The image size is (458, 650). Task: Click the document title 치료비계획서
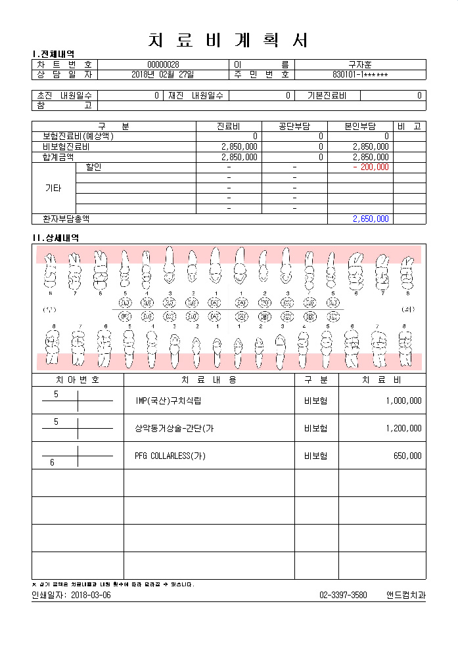coord(229,39)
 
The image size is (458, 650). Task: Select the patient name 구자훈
coord(360,64)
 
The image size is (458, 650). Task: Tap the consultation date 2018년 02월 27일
coord(163,74)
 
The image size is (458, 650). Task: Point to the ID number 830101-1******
coord(360,74)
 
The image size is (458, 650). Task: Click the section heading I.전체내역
coord(53,54)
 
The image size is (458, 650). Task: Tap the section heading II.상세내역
coord(56,237)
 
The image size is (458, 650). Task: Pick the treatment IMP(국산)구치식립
coord(167,401)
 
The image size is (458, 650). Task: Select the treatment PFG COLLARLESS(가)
coord(170,456)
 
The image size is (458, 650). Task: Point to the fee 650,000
coord(407,456)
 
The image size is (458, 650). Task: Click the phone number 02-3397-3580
coord(343,595)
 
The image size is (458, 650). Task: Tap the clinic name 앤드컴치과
coord(405,595)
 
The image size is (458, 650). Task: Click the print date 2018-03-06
coord(91,595)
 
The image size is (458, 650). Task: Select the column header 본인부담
coord(359,126)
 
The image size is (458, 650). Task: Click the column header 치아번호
coord(78,379)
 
